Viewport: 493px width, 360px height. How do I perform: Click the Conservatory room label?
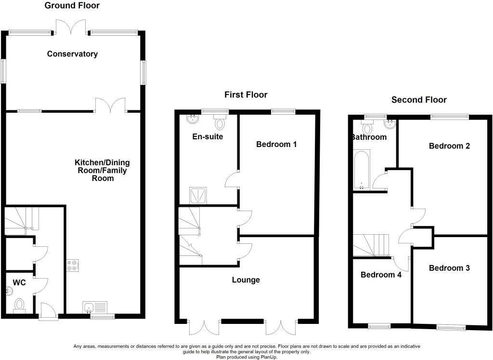pos(72,54)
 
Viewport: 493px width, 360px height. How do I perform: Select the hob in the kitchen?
pos(73,265)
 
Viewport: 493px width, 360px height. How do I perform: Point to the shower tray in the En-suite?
pos(198,195)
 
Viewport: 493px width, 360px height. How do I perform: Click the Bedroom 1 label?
pos(276,144)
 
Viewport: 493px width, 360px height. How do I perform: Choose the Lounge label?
pos(246,280)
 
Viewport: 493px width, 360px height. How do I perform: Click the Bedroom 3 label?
pos(449,268)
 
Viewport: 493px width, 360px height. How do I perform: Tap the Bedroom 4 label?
pos(381,275)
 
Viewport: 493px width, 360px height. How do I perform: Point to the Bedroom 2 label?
pos(449,146)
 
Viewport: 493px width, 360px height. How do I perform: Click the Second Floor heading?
pos(419,100)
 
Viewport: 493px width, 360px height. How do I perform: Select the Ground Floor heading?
pos(72,6)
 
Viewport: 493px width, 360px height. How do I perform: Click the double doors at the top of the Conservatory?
pos(71,28)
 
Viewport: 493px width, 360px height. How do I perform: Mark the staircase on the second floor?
pos(371,245)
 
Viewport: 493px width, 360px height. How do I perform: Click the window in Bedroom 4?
pos(380,326)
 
